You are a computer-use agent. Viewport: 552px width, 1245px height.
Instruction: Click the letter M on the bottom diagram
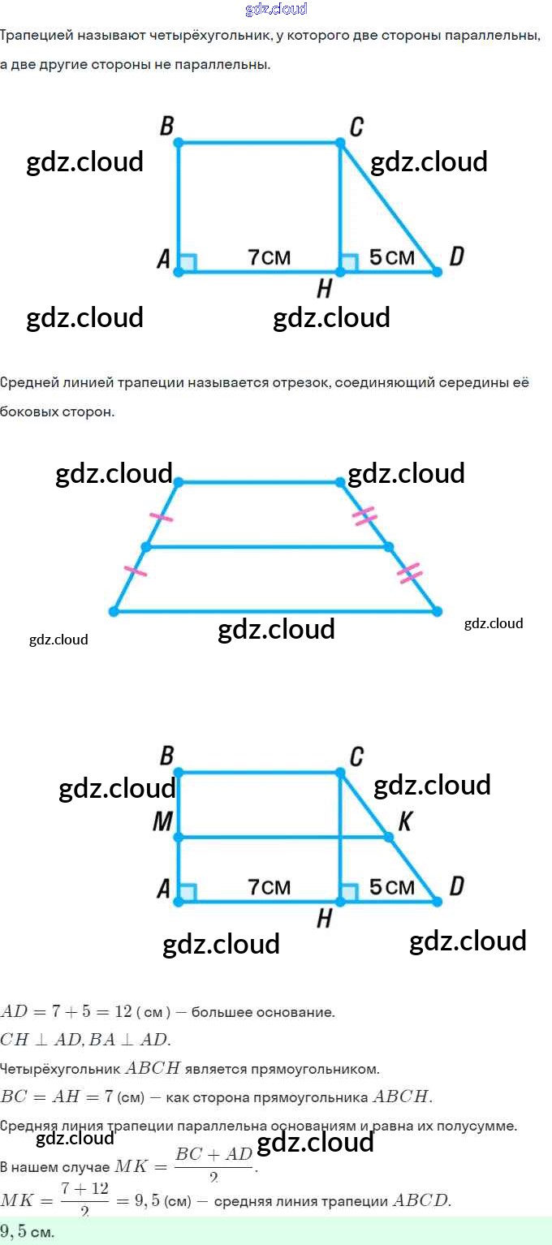162,823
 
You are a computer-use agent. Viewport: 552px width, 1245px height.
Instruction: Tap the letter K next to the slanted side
404,822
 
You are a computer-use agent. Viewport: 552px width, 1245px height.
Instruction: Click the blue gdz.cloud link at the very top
276,10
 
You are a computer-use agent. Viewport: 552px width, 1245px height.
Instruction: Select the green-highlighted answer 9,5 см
28,1231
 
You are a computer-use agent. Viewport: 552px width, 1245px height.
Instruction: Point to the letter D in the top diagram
456,257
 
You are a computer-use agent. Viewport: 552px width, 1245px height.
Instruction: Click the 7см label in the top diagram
269,257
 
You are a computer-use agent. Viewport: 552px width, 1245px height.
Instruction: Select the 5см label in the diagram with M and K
391,887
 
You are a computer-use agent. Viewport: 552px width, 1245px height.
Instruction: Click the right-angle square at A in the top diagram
188,263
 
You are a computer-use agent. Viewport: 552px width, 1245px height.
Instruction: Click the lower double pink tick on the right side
410,573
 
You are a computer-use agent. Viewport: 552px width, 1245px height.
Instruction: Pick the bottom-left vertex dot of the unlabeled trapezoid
114,611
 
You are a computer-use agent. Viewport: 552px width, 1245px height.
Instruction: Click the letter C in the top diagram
356,127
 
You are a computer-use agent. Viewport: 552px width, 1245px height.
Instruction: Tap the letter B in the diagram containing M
166,756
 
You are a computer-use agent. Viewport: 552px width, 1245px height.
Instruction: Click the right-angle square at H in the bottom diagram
349,893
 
